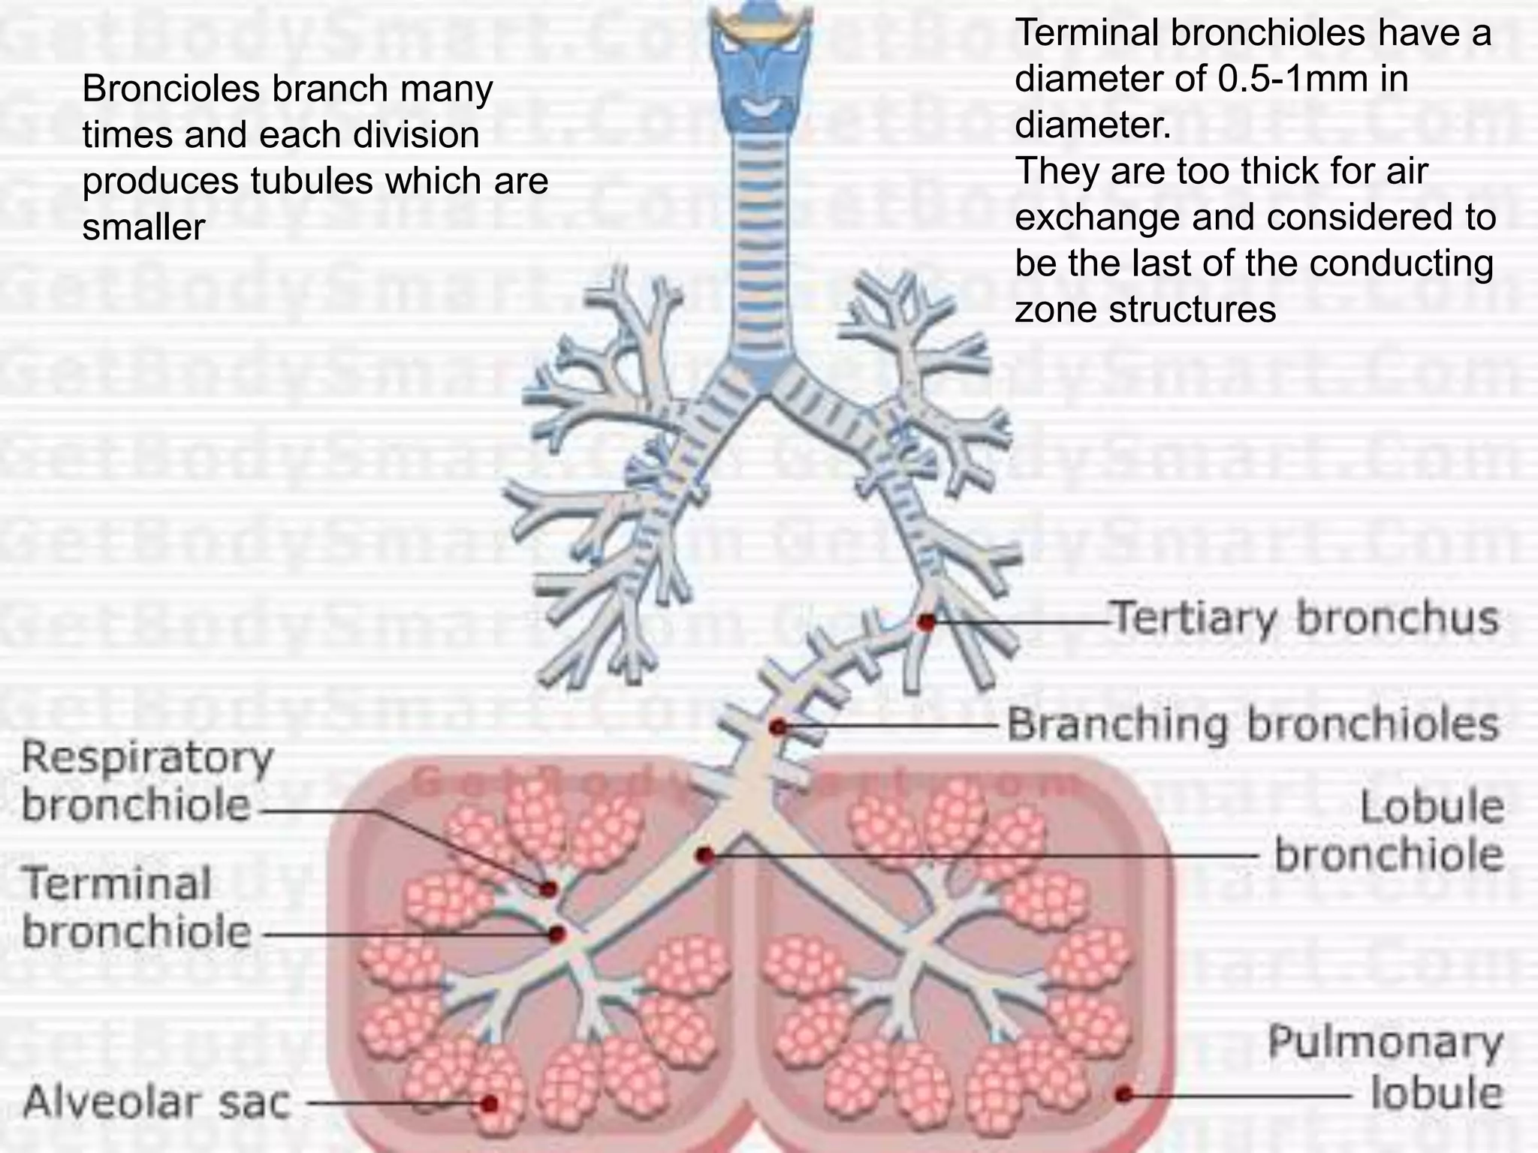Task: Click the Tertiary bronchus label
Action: (x=1304, y=619)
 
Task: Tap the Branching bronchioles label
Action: (x=1252, y=725)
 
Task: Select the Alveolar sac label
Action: (x=156, y=1102)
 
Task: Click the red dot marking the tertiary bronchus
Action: (x=927, y=622)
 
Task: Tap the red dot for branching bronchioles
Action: (x=778, y=727)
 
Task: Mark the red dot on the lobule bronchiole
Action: (x=704, y=855)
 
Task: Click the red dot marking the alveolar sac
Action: (x=490, y=1103)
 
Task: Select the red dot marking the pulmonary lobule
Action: (x=1123, y=1094)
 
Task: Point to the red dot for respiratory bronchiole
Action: (x=549, y=889)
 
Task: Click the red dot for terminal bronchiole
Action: (x=556, y=935)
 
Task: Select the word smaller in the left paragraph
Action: (x=143, y=227)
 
